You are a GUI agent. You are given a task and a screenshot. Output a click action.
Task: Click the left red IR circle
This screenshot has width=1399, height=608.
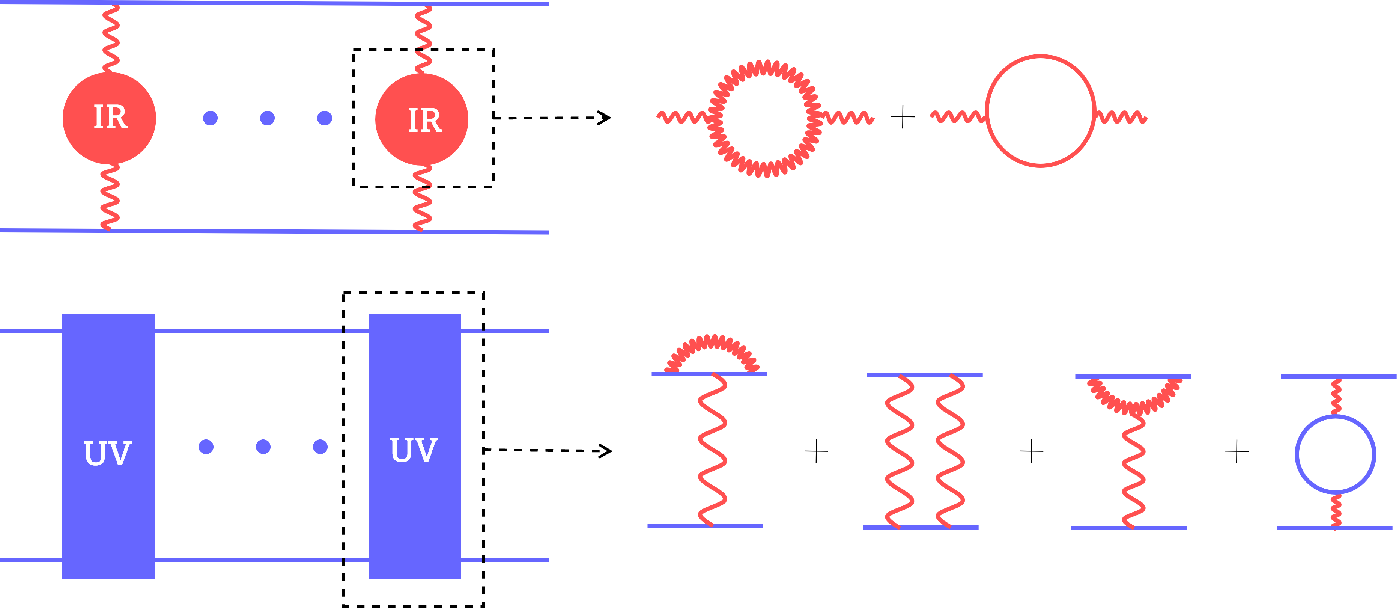(x=109, y=118)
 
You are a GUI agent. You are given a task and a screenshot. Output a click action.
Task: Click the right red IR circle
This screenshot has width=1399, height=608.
(x=421, y=119)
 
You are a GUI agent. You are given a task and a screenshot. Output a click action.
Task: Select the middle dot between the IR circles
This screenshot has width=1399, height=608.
(x=267, y=118)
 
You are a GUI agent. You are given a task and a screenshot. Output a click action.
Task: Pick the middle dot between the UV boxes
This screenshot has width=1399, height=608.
(x=263, y=447)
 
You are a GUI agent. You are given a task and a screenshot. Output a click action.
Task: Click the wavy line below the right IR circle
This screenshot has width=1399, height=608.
(x=422, y=198)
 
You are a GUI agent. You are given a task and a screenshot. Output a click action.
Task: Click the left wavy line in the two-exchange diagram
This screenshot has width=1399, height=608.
(x=900, y=451)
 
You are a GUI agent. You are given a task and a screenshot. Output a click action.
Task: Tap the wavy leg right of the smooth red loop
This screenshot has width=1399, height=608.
(x=1121, y=117)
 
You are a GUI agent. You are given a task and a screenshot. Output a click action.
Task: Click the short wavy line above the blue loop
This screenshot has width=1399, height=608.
(x=1336, y=397)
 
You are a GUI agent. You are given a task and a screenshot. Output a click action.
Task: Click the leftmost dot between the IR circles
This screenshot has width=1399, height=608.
(x=210, y=118)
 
